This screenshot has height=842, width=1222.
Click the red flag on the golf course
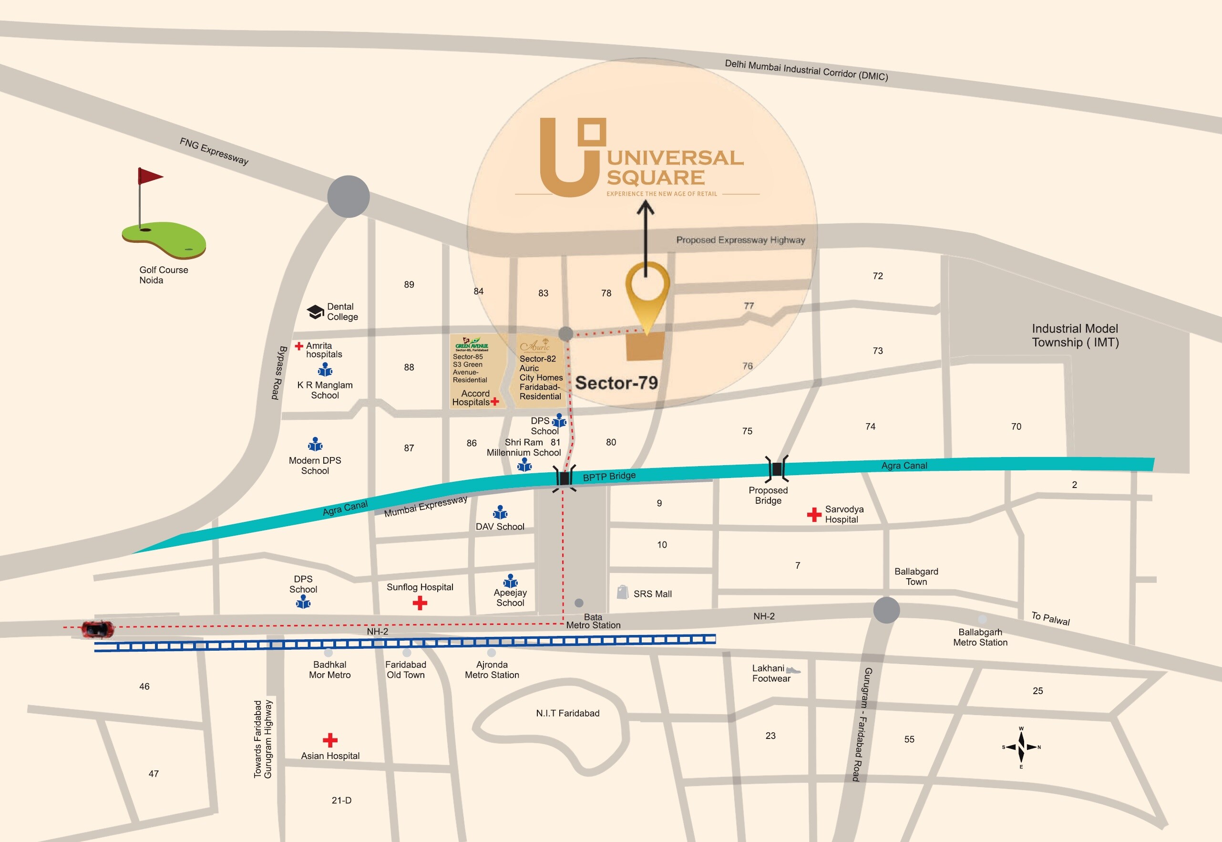coord(149,176)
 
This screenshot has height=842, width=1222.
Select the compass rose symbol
coord(1021,747)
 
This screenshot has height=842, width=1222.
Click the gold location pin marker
coord(647,295)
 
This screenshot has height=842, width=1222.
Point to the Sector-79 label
coord(616,383)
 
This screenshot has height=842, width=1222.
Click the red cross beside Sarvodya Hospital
coord(814,514)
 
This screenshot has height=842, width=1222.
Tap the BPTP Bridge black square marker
coord(565,478)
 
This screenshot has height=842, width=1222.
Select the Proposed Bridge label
coord(768,495)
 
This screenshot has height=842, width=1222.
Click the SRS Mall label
coord(652,594)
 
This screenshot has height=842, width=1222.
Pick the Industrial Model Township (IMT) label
coord(1075,335)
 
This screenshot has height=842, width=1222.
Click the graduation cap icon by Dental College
coord(315,312)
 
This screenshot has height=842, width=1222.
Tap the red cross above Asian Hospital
coord(330,740)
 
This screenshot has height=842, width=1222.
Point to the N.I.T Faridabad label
coord(567,713)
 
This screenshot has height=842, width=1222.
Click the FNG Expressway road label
coord(214,151)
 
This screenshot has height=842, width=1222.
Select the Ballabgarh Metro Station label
coord(980,637)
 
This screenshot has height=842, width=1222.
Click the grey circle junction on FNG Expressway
coord(348,197)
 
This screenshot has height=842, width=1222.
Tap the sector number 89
coord(409,285)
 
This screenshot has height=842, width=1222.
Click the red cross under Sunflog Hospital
coord(420,603)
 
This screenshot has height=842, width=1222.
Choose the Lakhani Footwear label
coord(771,674)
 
